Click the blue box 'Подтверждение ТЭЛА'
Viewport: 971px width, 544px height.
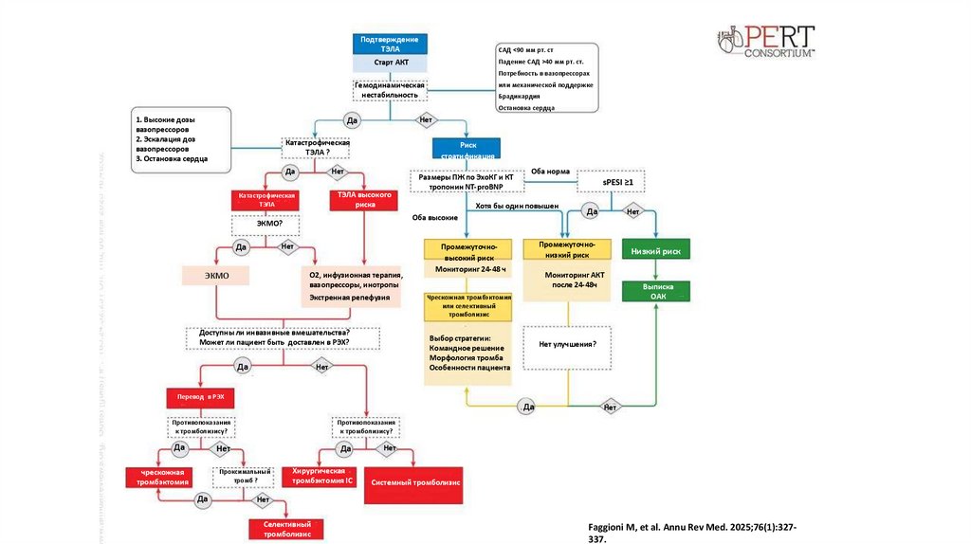pos(390,44)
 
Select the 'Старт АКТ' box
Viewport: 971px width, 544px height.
pos(390,63)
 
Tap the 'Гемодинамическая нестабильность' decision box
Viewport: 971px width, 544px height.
pos(390,90)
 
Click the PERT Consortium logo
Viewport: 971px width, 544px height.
pos(765,41)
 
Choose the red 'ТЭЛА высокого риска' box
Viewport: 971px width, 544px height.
pos(359,198)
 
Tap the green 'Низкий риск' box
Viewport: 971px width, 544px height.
pos(655,249)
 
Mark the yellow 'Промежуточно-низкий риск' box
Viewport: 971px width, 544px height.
pos(566,249)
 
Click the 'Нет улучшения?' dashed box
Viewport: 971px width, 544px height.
pos(567,346)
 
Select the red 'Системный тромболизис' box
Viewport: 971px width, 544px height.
pos(415,482)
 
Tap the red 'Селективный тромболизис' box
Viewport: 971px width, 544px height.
pos(286,529)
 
